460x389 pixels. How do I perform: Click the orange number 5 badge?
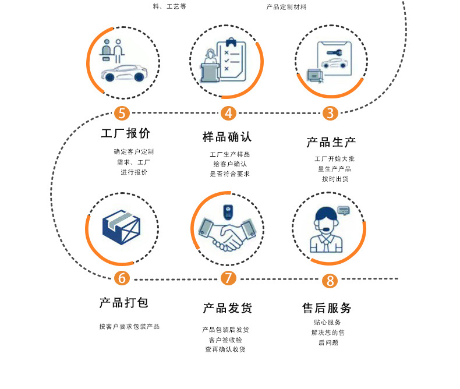(x=122, y=112)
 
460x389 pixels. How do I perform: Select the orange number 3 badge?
(x=330, y=113)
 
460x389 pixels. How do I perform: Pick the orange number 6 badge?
(x=122, y=278)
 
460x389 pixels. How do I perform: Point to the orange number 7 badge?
(x=228, y=278)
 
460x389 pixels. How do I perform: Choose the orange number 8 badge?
(x=330, y=281)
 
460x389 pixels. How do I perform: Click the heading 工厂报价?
(x=126, y=133)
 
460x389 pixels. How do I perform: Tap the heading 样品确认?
(x=227, y=137)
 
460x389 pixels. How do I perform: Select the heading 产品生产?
(x=331, y=142)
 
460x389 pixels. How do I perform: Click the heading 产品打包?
(x=123, y=303)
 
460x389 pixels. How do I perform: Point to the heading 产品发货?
(x=227, y=308)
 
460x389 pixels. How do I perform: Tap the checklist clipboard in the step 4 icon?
(x=231, y=60)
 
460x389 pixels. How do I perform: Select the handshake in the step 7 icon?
(x=227, y=234)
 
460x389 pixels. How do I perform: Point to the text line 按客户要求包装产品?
(x=129, y=327)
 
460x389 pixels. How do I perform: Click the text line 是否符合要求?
(x=229, y=174)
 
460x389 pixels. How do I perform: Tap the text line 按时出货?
(x=335, y=179)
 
